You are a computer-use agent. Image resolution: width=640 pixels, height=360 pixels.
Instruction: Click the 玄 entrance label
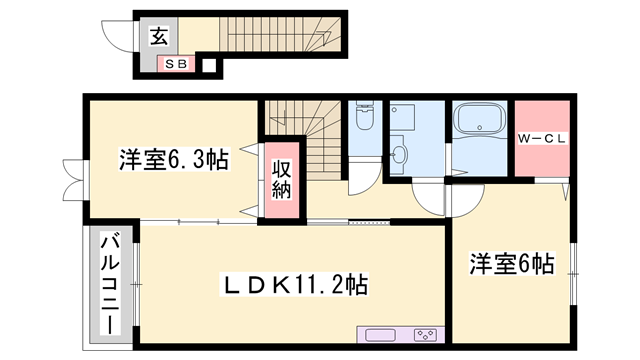pos(159,37)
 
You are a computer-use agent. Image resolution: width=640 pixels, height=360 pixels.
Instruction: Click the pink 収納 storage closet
pos(281,180)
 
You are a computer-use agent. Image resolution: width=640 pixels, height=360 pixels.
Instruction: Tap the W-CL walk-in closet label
pos(543,138)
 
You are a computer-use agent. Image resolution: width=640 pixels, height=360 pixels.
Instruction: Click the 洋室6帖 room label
pos(512,264)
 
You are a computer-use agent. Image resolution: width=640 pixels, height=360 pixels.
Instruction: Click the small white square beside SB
pos(209,66)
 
